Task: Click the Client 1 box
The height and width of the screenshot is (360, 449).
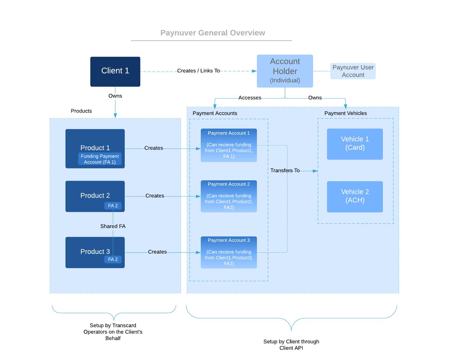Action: (115, 71)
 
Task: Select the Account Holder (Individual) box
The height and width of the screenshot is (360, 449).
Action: (285, 71)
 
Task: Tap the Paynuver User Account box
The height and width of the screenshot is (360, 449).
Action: (353, 71)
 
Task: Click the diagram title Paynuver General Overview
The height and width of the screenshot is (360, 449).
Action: (213, 33)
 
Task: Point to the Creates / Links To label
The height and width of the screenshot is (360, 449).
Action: (198, 71)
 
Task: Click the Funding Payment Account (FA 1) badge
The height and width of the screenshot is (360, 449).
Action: (100, 159)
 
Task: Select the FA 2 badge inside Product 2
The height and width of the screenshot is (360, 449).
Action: (113, 206)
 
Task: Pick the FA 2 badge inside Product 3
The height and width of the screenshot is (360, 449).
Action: (113, 259)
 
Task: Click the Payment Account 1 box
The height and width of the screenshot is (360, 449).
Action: (229, 145)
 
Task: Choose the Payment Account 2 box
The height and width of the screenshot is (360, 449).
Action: (229, 196)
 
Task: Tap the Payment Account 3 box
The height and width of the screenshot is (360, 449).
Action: (229, 252)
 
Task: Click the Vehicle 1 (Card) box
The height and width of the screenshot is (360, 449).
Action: (355, 144)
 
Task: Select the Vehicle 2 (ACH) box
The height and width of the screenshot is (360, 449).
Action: (355, 196)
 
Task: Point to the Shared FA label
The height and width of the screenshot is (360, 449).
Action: (113, 226)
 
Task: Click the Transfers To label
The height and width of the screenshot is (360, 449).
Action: (285, 170)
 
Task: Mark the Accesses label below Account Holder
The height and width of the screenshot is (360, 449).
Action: (249, 98)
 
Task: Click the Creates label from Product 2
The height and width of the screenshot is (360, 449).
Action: (155, 196)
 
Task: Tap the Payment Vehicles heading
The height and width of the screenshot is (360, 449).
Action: (345, 113)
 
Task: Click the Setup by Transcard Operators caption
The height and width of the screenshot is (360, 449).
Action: (113, 332)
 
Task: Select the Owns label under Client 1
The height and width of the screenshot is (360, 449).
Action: (115, 96)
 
